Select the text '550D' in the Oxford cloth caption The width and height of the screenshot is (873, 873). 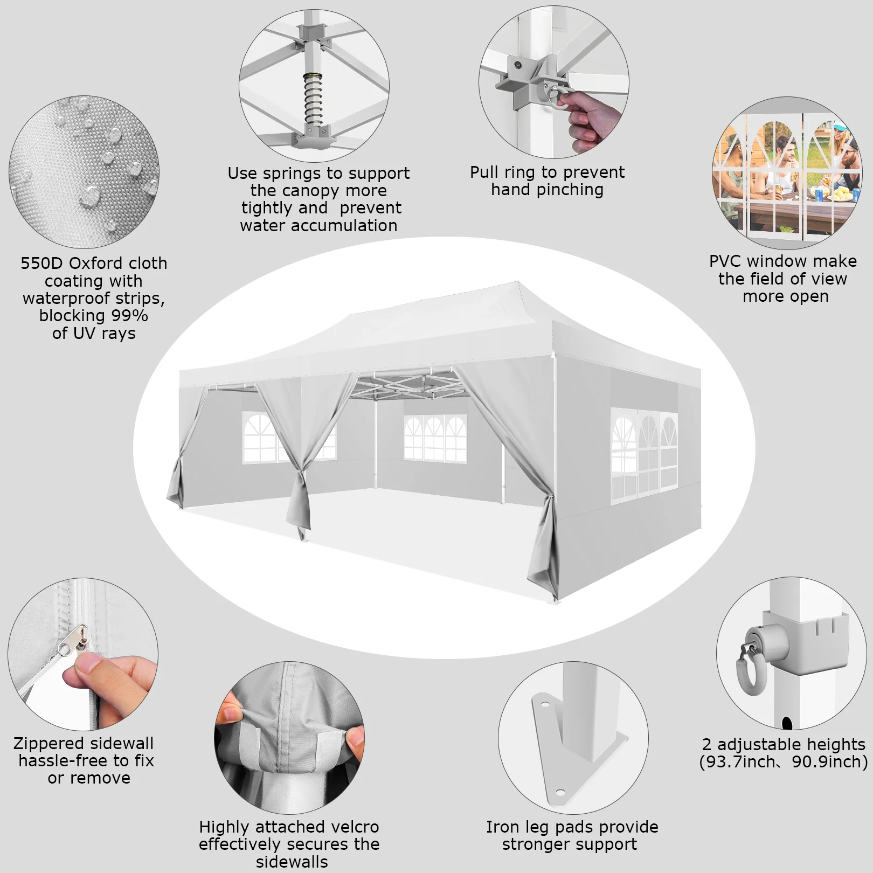[x=42, y=263]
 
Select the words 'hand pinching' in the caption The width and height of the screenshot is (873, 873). [x=547, y=190]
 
